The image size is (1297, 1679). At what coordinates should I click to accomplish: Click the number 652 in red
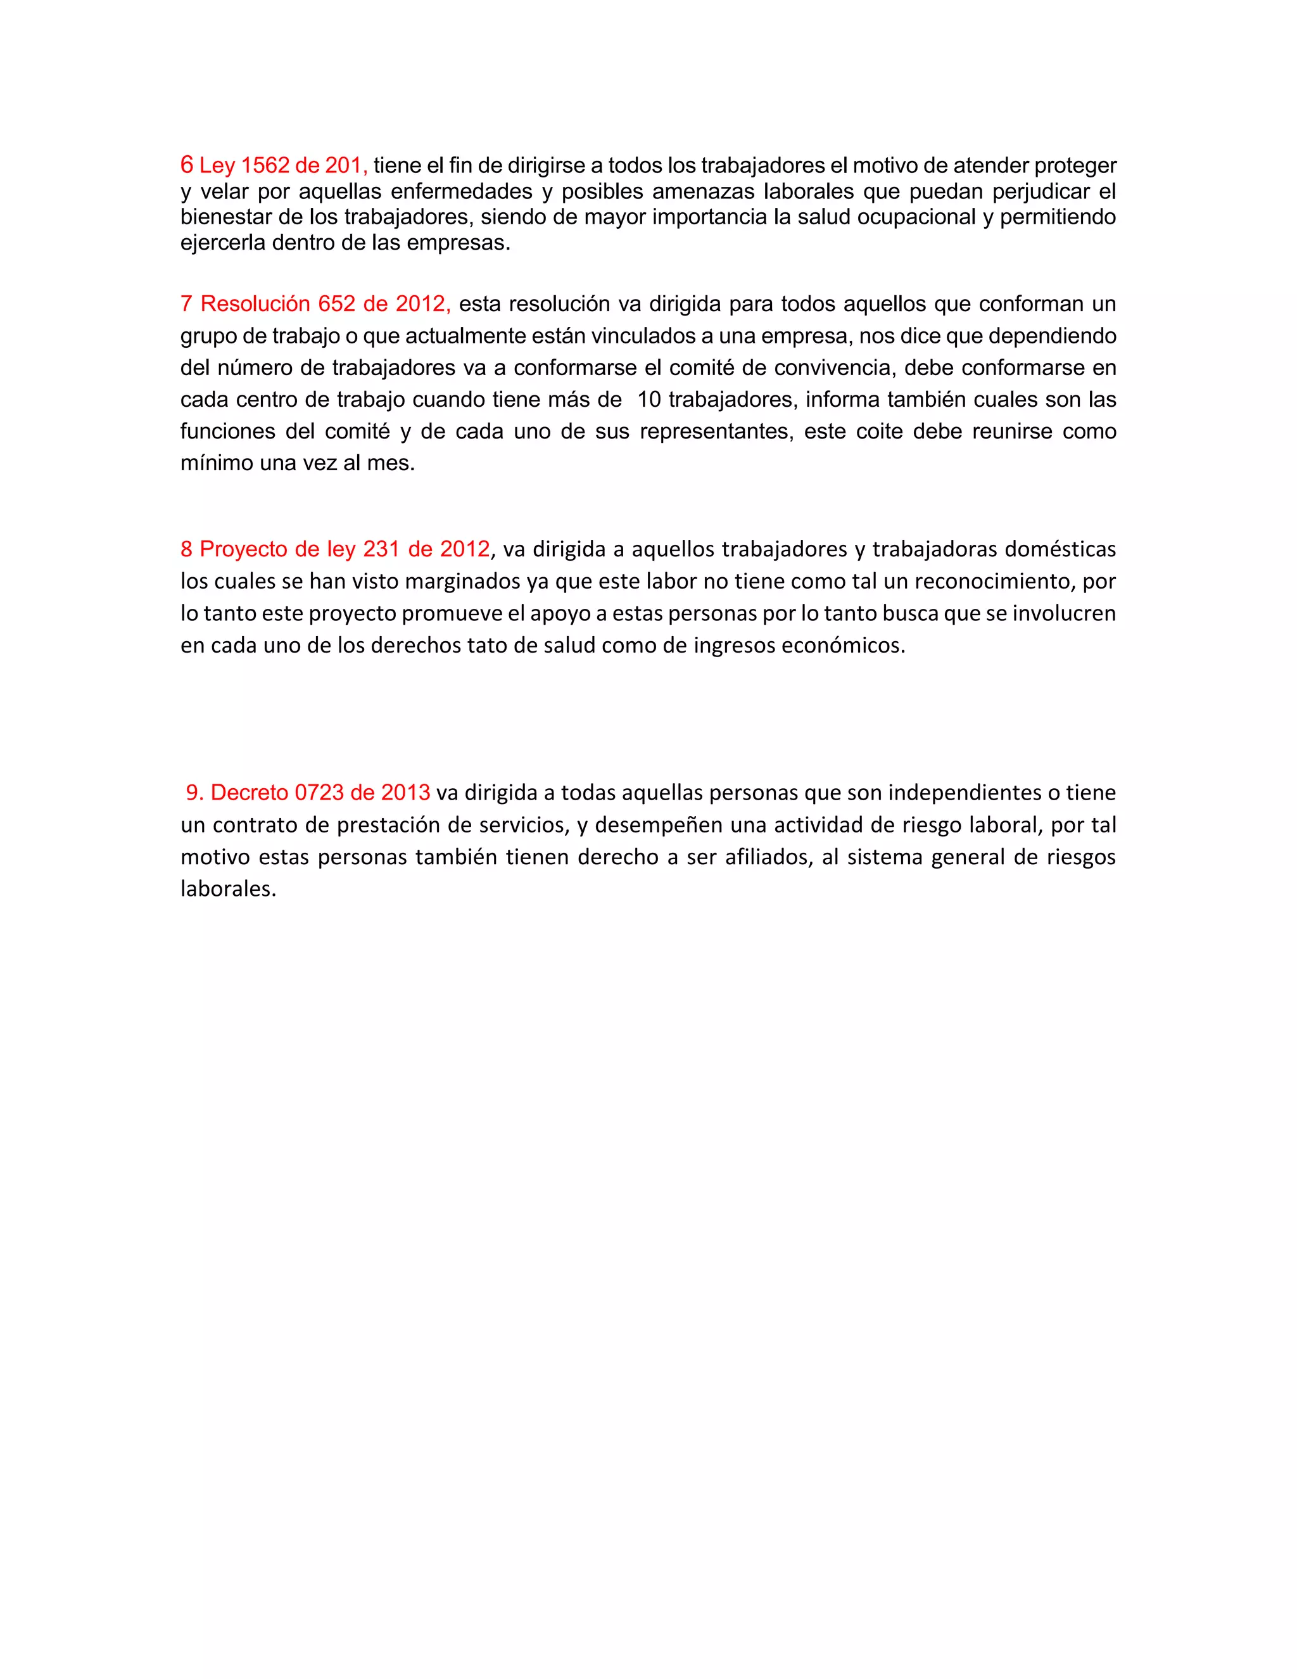(x=336, y=304)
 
